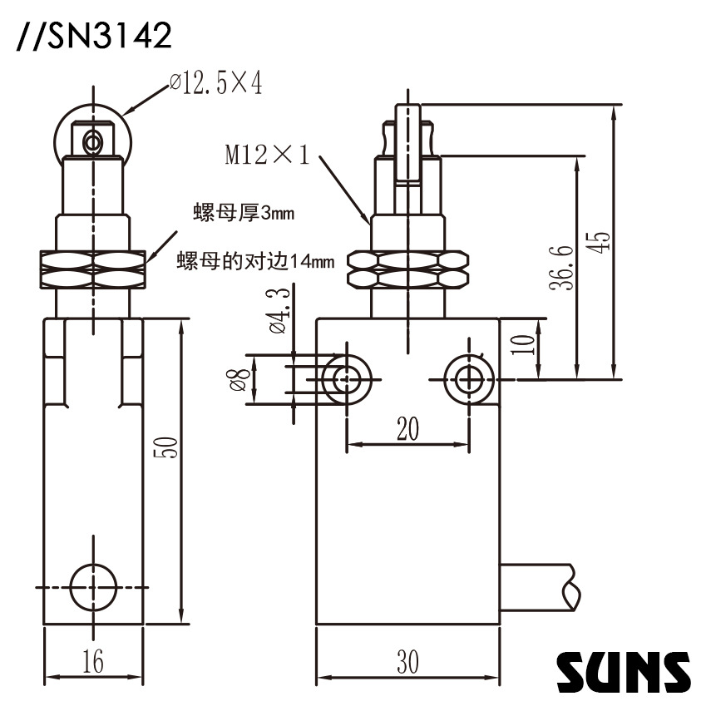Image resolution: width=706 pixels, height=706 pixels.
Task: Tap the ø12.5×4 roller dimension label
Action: [215, 83]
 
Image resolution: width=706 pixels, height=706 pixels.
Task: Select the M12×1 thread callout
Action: [266, 155]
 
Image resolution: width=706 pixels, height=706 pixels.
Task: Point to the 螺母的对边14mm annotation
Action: [256, 261]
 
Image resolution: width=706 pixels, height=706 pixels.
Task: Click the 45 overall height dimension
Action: [603, 240]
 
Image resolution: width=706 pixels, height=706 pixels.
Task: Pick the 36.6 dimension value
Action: [565, 266]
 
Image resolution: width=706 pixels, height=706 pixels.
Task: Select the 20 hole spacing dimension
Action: [407, 428]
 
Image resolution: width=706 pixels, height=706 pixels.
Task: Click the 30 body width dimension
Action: [407, 662]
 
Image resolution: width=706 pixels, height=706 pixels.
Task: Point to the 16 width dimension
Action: [93, 662]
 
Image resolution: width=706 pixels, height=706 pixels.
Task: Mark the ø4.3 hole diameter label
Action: [278, 310]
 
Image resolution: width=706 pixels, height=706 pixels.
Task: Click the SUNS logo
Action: [623, 670]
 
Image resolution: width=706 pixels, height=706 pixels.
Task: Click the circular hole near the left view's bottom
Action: [93, 585]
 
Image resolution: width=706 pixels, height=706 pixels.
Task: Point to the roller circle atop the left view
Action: [93, 133]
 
